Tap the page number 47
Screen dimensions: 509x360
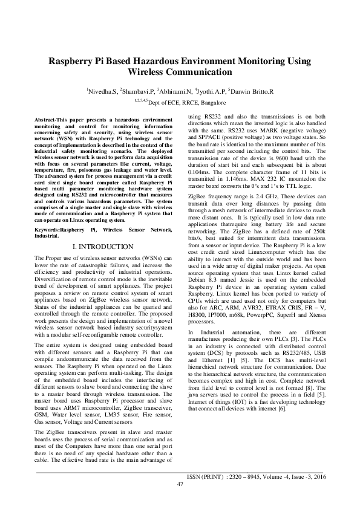tap(180, 484)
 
